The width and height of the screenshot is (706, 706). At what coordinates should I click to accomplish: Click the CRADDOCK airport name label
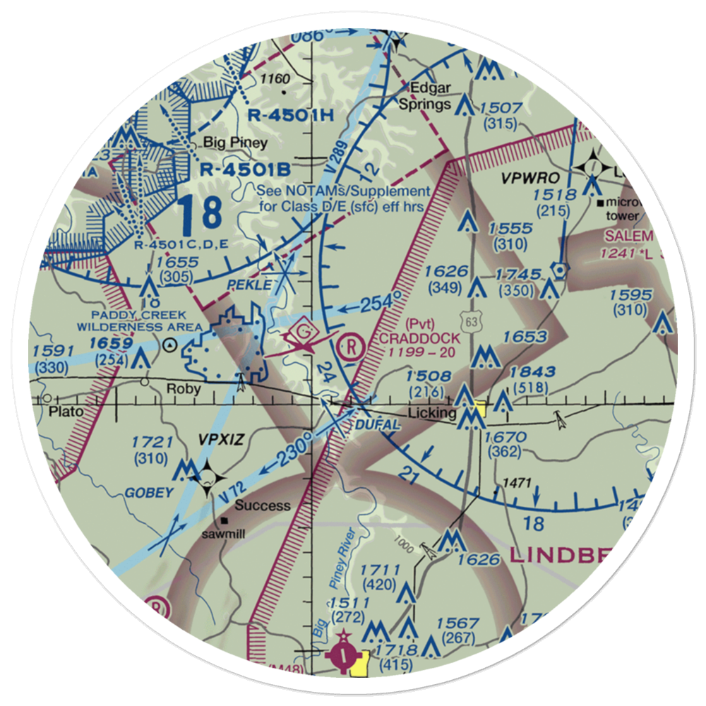[x=419, y=338]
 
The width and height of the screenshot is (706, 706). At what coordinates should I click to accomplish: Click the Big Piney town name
[x=236, y=143]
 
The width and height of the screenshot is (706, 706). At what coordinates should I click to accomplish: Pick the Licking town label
[x=433, y=412]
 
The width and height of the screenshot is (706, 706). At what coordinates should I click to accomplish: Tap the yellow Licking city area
[x=480, y=409]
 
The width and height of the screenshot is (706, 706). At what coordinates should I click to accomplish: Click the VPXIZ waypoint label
[x=221, y=439]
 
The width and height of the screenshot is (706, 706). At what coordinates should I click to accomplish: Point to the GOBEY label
[x=150, y=493]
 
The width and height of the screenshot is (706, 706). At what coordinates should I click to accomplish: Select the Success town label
[x=263, y=505]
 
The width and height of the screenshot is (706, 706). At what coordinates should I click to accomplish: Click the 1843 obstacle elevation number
[x=532, y=371]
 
